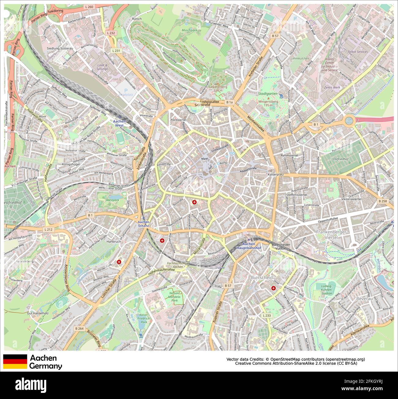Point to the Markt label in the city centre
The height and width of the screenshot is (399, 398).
point(205,159)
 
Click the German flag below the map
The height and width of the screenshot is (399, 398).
point(15,362)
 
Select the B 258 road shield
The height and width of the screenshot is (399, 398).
point(383,201)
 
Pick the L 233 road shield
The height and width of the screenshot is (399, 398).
point(267,315)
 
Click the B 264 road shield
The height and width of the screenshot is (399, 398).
point(79,328)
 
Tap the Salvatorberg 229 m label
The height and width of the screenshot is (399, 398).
point(218,89)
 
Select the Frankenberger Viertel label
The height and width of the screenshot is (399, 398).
point(331,235)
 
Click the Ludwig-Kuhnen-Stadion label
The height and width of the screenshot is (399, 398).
point(327,290)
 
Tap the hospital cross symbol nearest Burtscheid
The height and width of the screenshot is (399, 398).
point(273,288)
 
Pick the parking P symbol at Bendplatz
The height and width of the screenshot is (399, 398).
point(126,91)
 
